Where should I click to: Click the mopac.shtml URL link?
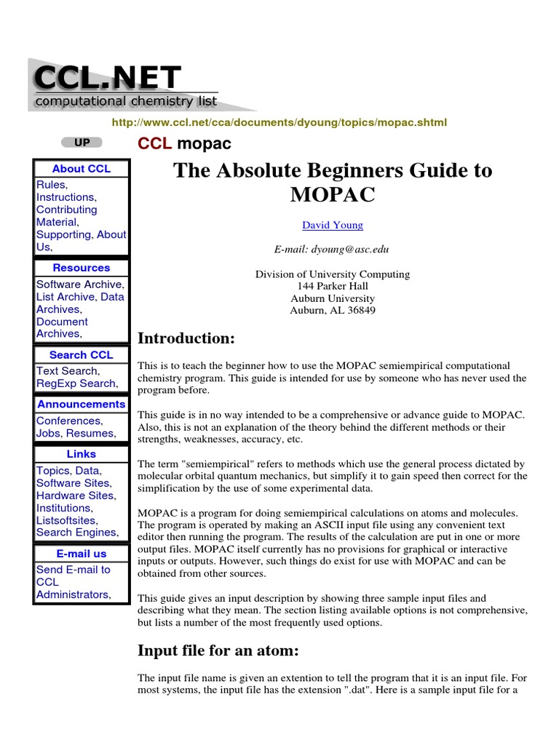[279, 122]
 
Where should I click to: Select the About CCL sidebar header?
[82, 169]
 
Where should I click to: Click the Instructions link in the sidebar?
[66, 197]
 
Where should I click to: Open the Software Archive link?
[80, 284]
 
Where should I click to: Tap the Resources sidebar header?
[82, 268]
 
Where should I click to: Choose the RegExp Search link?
[76, 383]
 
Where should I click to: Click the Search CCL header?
[82, 355]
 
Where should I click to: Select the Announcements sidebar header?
[82, 404]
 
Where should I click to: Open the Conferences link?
[69, 421]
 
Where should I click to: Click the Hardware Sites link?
[76, 495]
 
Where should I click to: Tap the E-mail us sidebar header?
[82, 554]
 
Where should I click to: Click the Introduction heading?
[186, 338]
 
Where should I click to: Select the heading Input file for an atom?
[218, 650]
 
